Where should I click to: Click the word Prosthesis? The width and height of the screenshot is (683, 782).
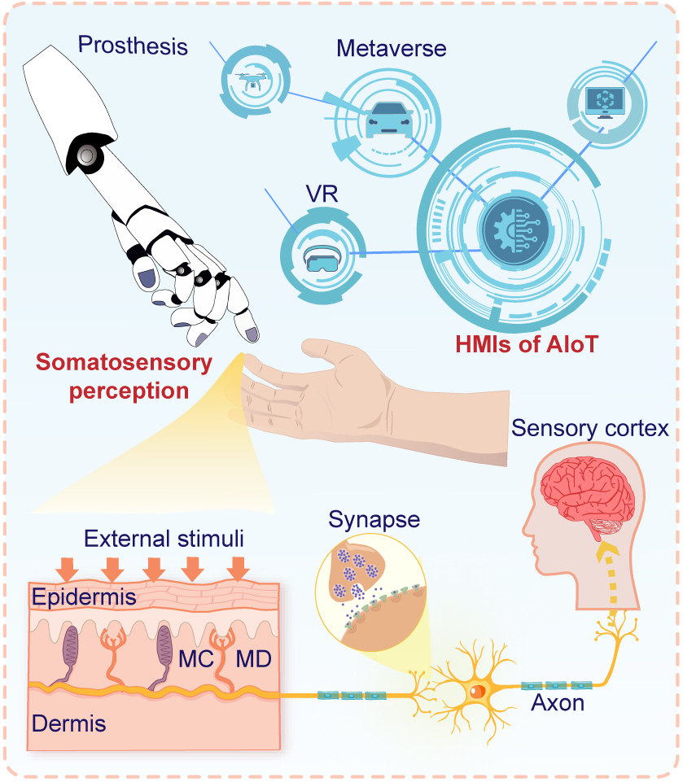click(x=133, y=45)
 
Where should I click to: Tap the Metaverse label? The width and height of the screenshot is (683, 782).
click(x=392, y=48)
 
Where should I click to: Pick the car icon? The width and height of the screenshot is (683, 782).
click(x=388, y=119)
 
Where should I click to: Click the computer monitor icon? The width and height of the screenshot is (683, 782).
click(x=604, y=102)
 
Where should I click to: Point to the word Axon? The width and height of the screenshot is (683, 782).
click(x=558, y=703)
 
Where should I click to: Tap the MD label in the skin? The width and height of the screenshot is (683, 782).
click(x=254, y=656)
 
